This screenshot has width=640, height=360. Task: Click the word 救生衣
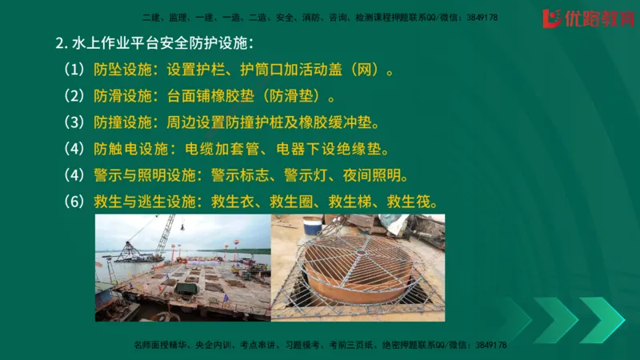[234, 202]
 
